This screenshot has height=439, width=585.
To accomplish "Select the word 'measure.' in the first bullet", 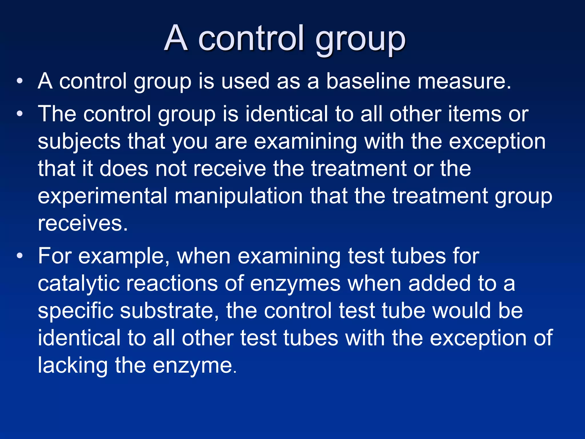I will (464, 81).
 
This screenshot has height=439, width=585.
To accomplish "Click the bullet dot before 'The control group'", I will (19, 114).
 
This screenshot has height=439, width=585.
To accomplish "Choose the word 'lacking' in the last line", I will (73, 366).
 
